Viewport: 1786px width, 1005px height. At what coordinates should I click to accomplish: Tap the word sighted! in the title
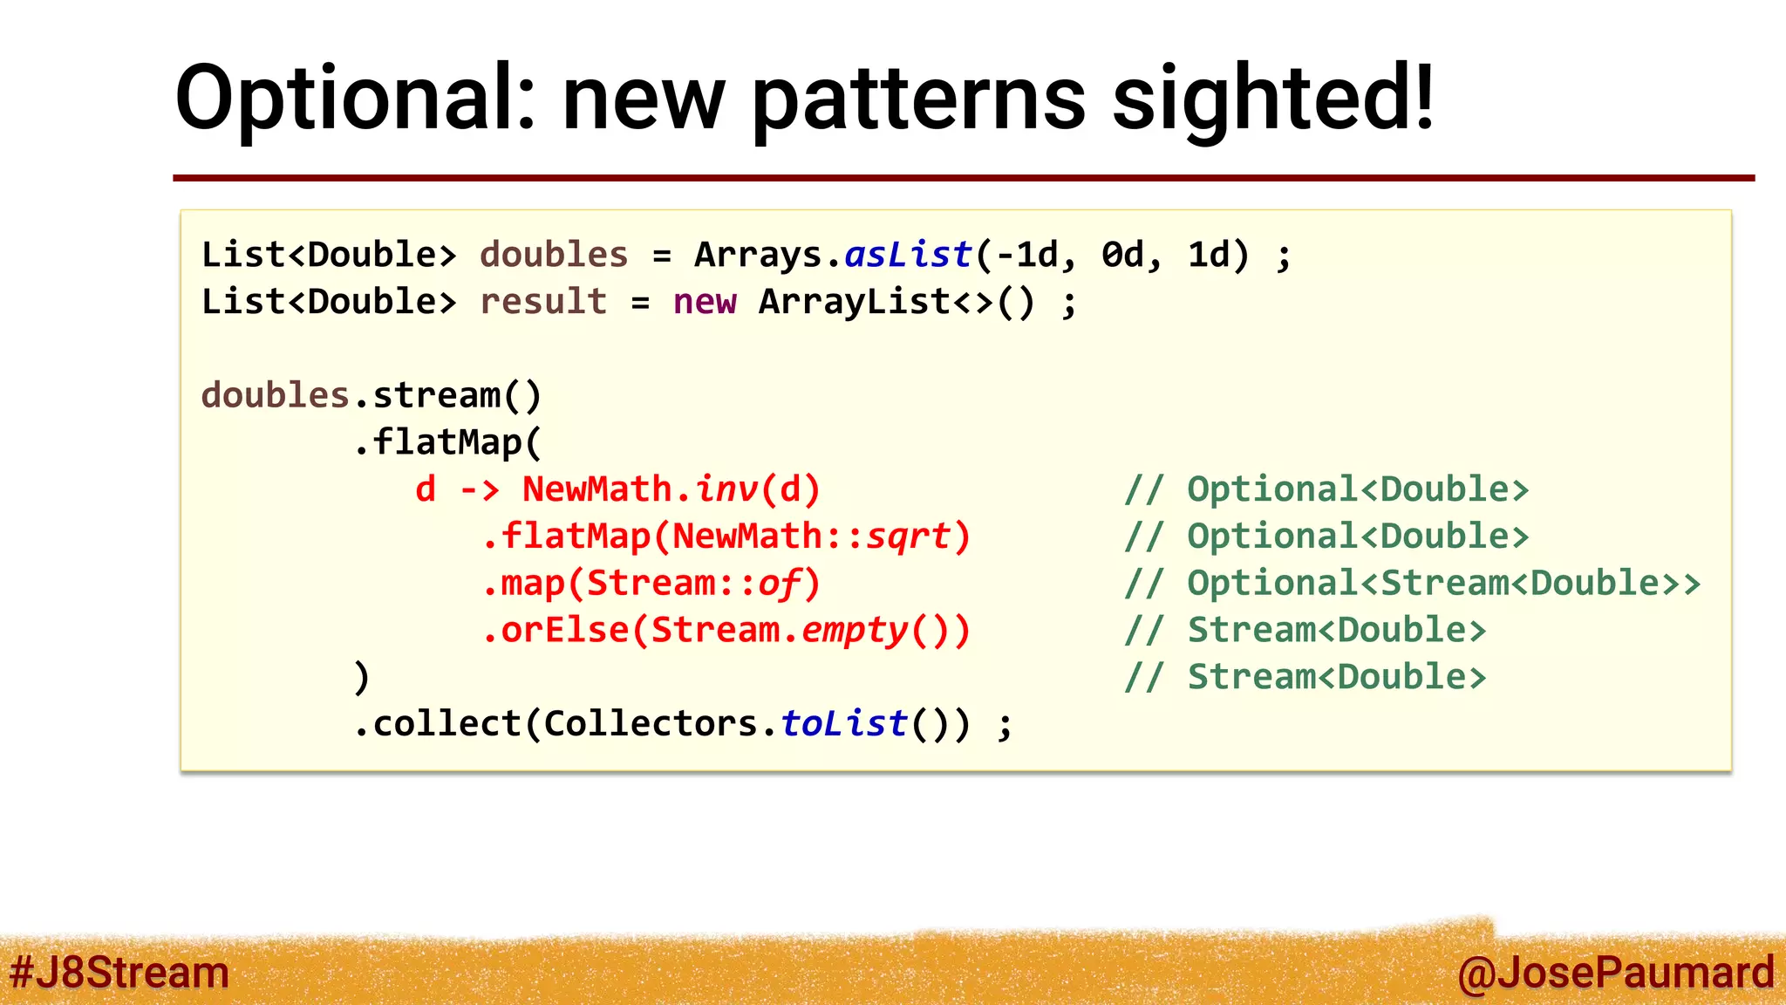pos(1273,98)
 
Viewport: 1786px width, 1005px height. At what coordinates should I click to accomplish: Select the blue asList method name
pos(908,255)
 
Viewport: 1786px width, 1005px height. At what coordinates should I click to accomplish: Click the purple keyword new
pos(705,302)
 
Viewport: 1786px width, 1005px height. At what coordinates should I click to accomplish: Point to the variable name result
pos(543,302)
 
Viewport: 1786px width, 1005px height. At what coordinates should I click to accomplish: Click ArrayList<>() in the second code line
pos(896,302)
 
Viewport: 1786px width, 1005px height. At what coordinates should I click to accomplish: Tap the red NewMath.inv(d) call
pos(671,489)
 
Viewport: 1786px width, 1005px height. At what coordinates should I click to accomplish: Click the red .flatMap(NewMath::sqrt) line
pos(726,537)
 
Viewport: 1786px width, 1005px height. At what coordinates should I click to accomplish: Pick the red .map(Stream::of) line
pos(651,584)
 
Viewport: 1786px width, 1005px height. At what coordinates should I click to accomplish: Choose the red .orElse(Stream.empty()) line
pos(726,631)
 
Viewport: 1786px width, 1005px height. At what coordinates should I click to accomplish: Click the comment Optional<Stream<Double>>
pos(1443,584)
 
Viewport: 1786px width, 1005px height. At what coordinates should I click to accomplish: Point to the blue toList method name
pos(844,724)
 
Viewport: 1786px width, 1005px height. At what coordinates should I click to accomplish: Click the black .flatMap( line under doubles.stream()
pos(447,442)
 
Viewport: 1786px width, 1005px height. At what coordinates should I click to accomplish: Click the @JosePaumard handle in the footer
pos(1614,972)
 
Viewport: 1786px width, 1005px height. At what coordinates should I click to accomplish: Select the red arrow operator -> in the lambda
pos(480,489)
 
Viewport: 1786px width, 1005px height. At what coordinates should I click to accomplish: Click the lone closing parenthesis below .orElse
pos(362,678)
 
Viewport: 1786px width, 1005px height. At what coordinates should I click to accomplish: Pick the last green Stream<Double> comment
pos(1336,678)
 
